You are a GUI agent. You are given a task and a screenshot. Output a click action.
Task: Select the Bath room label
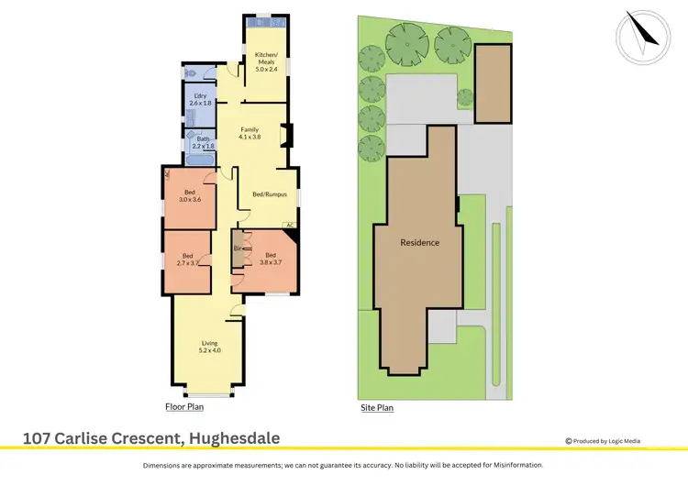point(203,138)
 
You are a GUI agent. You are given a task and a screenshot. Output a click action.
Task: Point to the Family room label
point(250,129)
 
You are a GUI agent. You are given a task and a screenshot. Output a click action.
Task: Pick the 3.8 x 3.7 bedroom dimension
point(270,262)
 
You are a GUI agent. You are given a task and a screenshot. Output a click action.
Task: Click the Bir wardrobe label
point(238,249)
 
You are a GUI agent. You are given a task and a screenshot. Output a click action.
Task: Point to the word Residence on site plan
point(419,243)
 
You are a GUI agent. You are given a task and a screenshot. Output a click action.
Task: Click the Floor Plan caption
point(184,406)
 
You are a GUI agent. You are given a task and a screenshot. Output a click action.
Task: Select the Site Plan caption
point(376,407)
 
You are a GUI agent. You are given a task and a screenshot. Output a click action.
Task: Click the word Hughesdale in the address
point(233,438)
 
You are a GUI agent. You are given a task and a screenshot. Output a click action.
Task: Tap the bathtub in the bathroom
point(199,159)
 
